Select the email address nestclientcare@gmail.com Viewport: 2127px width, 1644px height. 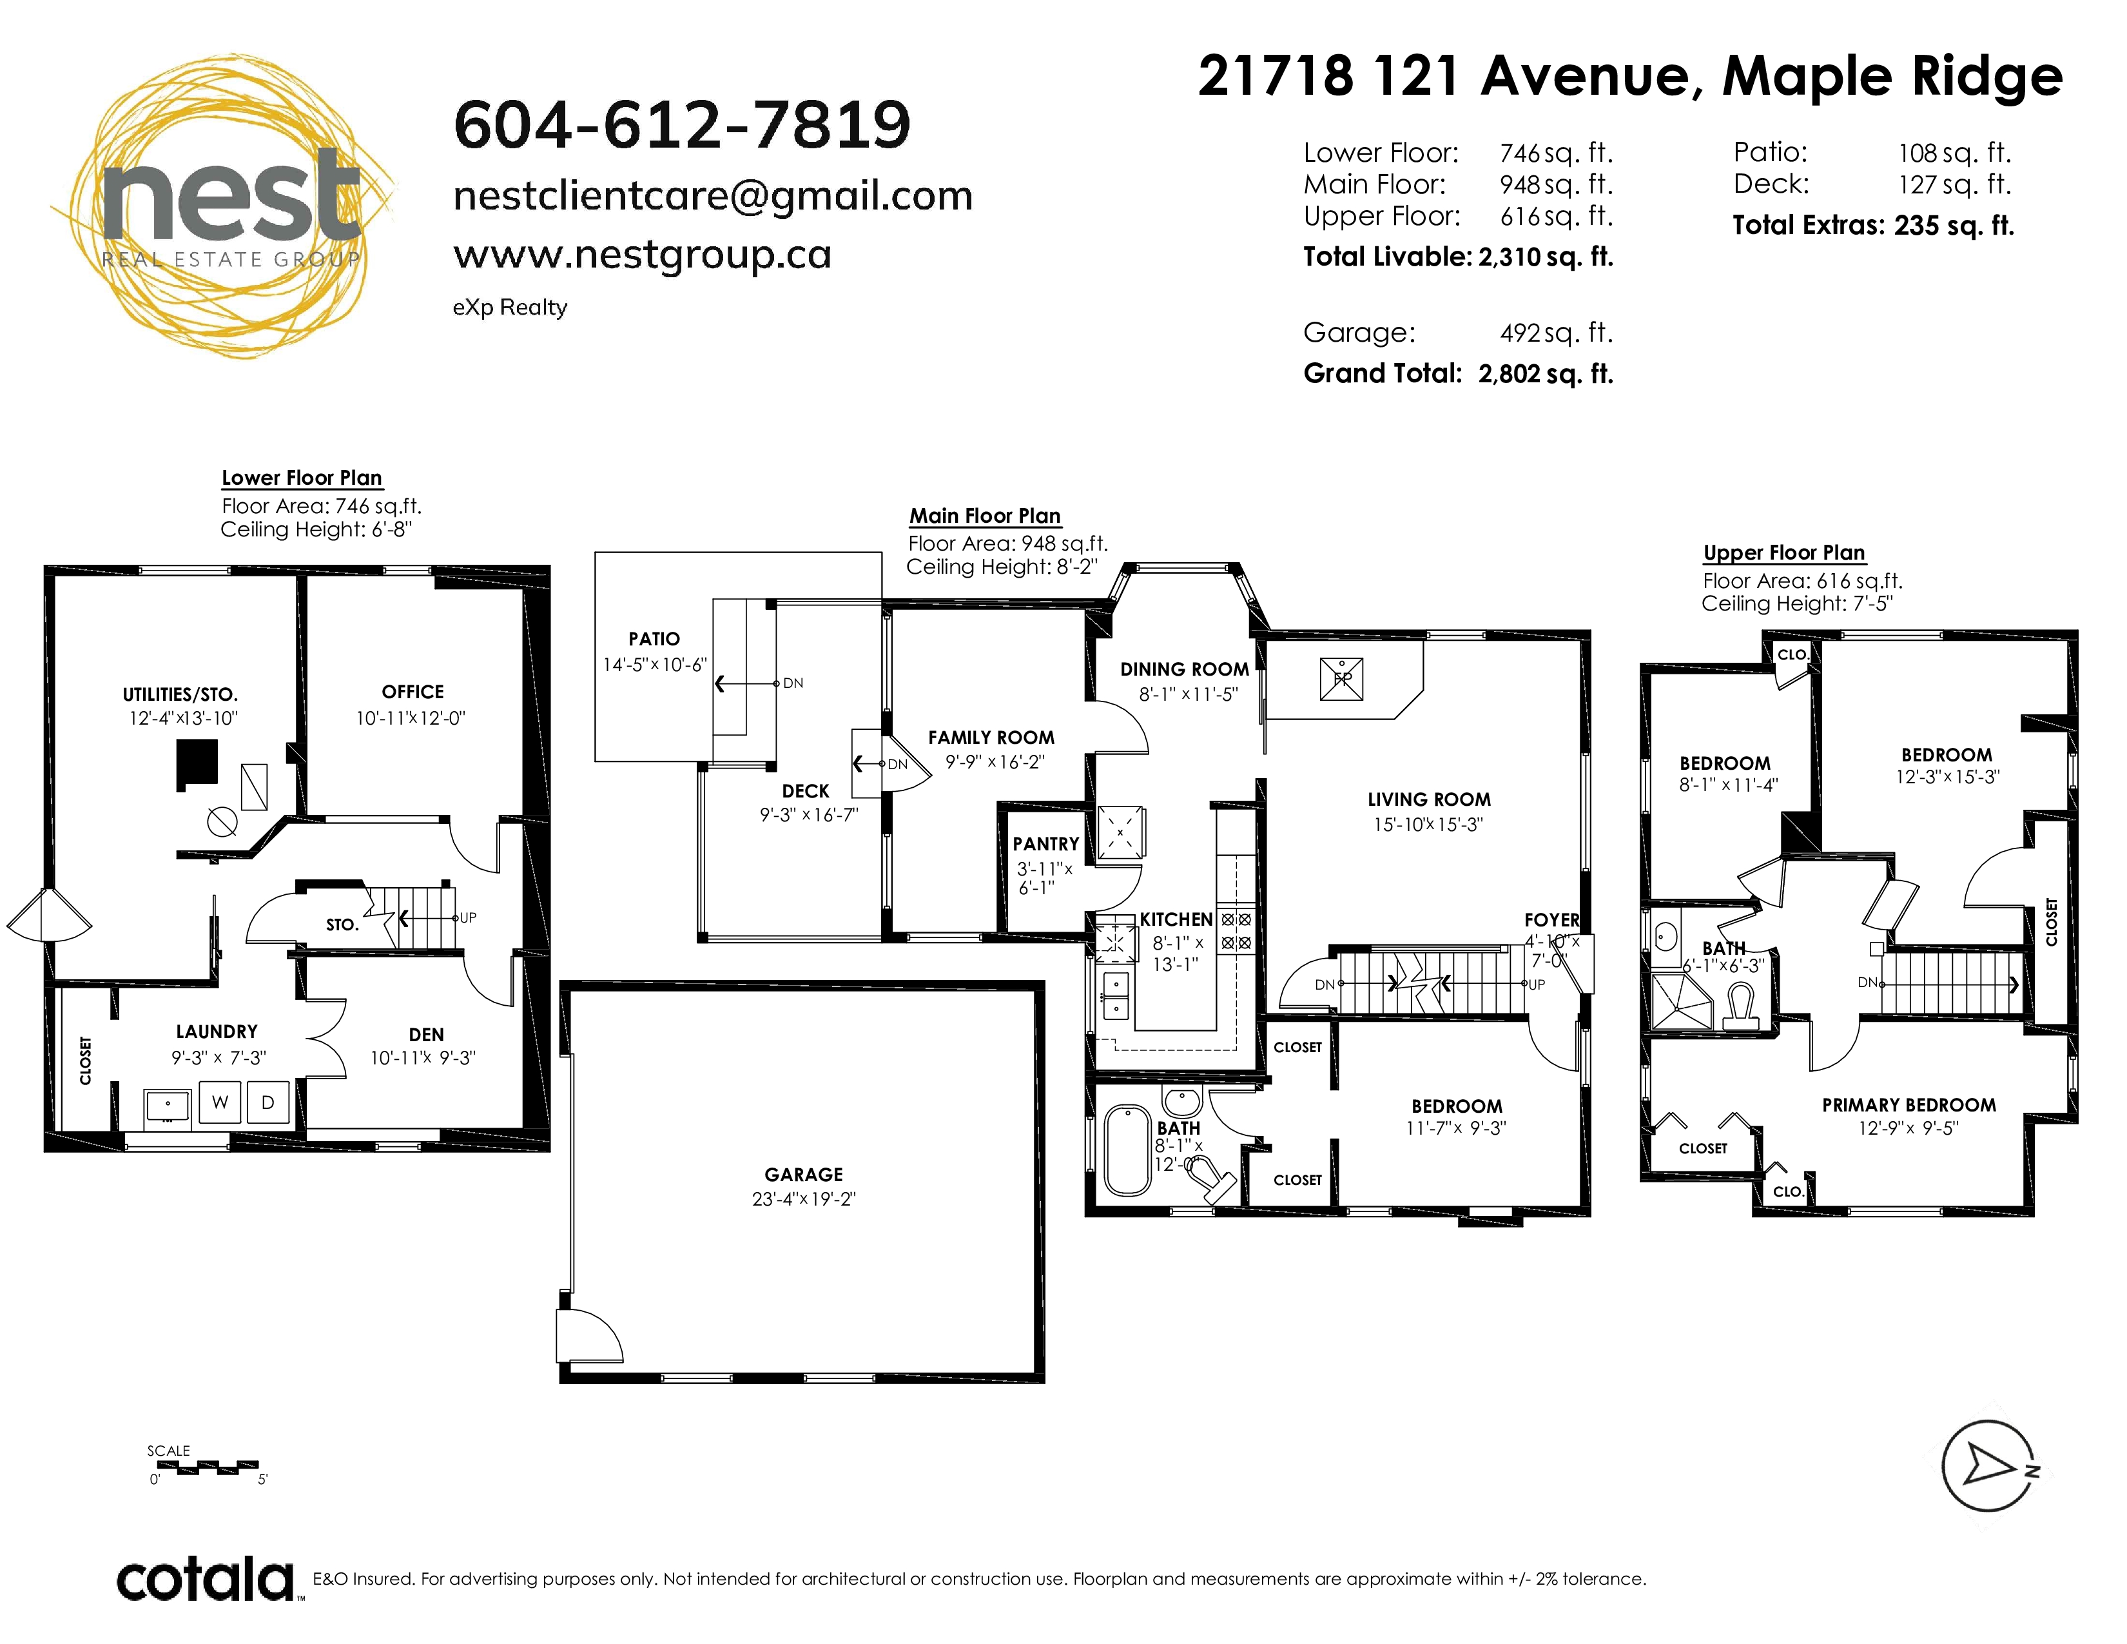click(x=713, y=196)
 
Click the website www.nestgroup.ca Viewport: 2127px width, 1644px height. click(x=643, y=255)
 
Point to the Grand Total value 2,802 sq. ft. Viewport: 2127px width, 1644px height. click(x=1546, y=374)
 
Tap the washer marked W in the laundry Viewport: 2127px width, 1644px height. click(x=220, y=1102)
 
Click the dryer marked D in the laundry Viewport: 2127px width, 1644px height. click(x=268, y=1102)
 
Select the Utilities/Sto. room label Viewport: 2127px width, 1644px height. click(x=180, y=694)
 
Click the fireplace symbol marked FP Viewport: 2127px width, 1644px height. click(x=1342, y=679)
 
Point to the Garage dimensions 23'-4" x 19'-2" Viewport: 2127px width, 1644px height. click(x=804, y=1199)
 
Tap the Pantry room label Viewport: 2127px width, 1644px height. click(x=1046, y=845)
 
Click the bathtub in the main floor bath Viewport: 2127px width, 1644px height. click(x=1128, y=1150)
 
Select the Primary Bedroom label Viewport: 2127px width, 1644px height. click(x=1909, y=1106)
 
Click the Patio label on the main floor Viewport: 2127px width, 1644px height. click(x=654, y=639)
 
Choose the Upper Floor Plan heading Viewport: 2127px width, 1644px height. click(x=1784, y=553)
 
